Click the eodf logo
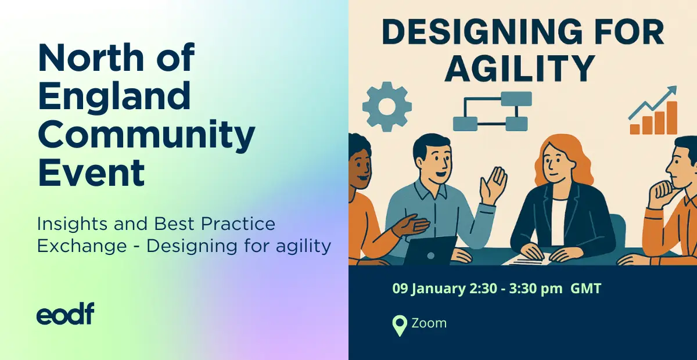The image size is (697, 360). (x=65, y=314)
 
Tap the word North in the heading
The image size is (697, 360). (x=91, y=58)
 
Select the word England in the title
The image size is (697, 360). (x=114, y=96)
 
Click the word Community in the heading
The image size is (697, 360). (x=146, y=134)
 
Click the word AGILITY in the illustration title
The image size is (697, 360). (x=520, y=68)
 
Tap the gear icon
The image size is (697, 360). (x=387, y=107)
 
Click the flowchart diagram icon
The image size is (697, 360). (x=493, y=111)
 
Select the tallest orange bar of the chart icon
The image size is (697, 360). (x=672, y=118)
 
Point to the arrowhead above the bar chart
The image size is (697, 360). (x=671, y=91)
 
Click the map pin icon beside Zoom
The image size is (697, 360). (x=400, y=326)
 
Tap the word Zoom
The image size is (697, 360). (x=429, y=323)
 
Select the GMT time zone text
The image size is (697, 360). (x=585, y=289)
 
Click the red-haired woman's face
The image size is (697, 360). (x=558, y=164)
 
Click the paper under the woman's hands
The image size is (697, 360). (x=527, y=260)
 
